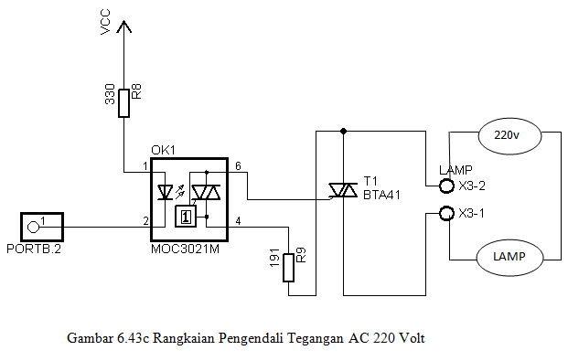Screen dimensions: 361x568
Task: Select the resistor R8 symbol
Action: (x=123, y=103)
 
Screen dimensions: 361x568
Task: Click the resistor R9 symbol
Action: (x=289, y=268)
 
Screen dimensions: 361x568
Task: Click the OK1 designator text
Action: (x=163, y=150)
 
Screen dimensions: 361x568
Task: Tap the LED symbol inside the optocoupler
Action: (x=166, y=193)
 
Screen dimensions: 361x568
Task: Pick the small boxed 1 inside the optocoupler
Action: (x=186, y=217)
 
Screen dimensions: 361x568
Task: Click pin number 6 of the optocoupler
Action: (x=238, y=166)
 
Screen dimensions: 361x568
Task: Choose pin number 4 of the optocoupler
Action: (x=238, y=221)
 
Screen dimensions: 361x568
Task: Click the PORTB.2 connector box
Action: (x=41, y=225)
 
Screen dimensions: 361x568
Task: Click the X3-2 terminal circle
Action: (x=447, y=186)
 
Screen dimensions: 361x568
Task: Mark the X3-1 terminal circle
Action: (x=447, y=214)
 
